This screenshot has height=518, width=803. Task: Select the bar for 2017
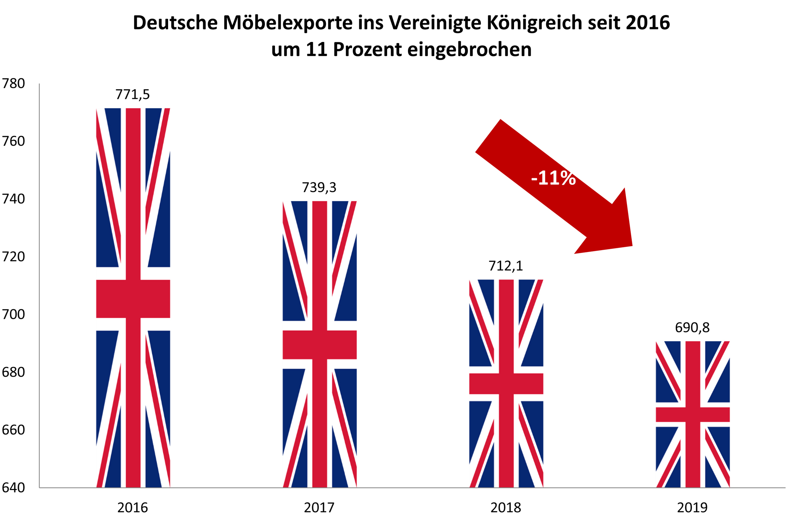pos(320,344)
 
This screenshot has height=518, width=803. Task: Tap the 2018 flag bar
pos(506,383)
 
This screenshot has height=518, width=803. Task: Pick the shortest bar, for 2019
pos(693,414)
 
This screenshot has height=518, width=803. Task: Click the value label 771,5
pos(133,94)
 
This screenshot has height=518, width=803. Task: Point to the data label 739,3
pos(319,187)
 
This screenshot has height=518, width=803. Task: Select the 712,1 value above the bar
pos(506,266)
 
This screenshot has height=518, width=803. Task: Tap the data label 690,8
pos(692,328)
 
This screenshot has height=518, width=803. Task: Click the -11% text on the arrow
pos(553,178)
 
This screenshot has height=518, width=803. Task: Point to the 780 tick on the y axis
pos(14,83)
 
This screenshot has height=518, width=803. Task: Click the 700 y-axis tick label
pos(14,314)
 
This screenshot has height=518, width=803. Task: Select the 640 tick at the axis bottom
pos(14,487)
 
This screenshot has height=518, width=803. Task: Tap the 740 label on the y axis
pos(14,199)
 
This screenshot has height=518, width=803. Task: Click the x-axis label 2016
pos(133,507)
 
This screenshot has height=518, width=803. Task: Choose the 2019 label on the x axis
pos(692,507)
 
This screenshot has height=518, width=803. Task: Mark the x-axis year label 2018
pos(506,507)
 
